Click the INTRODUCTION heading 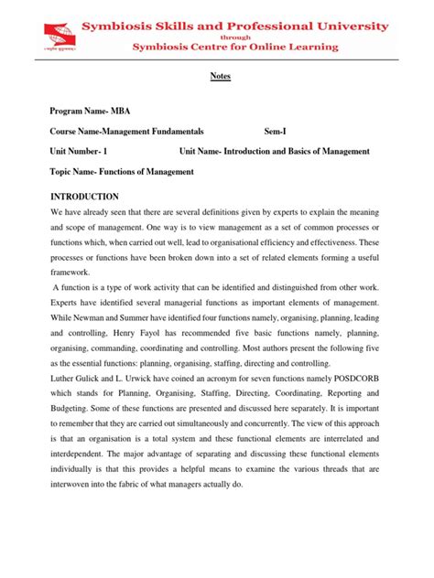[84, 197]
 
